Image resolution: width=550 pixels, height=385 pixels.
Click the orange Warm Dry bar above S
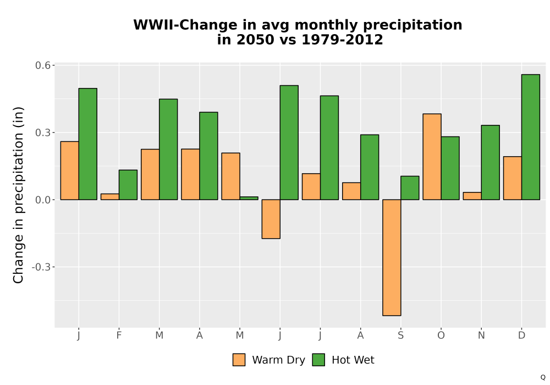(x=392, y=258)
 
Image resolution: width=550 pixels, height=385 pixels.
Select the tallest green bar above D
(x=530, y=137)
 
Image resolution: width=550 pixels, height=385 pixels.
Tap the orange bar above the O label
(x=432, y=157)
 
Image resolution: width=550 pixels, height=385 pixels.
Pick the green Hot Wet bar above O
(x=450, y=168)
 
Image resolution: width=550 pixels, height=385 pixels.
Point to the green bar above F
(x=128, y=185)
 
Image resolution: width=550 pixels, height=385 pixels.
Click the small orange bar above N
(x=472, y=196)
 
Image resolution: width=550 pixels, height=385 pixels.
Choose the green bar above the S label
(x=410, y=188)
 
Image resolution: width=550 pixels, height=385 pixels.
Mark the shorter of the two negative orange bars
(x=271, y=219)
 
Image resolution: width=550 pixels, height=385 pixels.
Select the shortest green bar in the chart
(x=249, y=198)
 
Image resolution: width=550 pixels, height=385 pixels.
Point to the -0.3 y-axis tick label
(x=41, y=267)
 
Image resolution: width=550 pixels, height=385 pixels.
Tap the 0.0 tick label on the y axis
(x=43, y=200)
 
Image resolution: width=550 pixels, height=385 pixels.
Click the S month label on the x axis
(x=400, y=335)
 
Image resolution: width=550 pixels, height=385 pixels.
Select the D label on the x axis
(x=521, y=335)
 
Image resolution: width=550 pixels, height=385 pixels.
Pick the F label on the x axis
(x=119, y=335)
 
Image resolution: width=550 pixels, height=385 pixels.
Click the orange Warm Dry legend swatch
(x=239, y=360)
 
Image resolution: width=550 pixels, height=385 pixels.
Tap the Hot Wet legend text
(x=353, y=360)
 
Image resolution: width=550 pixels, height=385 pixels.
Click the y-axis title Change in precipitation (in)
(x=18, y=195)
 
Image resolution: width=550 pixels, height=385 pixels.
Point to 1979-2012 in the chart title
(x=342, y=40)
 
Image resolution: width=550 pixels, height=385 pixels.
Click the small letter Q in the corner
(x=543, y=377)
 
